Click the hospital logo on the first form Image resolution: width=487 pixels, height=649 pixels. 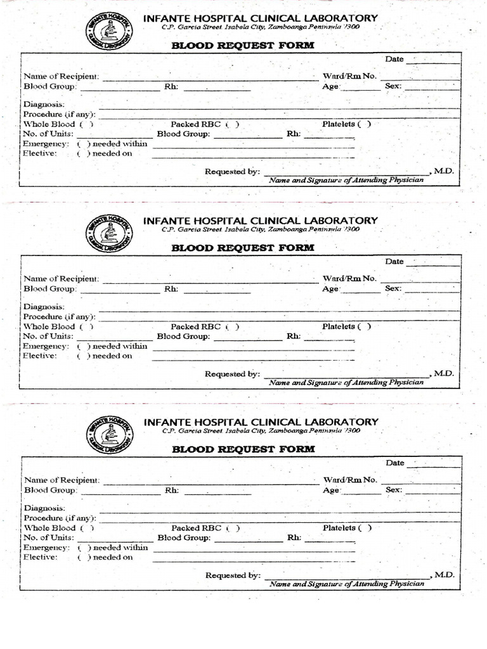pos(110,32)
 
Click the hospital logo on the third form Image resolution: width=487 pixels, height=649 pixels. pos(110,435)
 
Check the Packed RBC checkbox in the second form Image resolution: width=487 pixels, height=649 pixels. pos(232,327)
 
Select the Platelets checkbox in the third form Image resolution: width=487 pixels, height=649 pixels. pos(365,528)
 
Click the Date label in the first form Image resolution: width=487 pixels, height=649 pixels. pos(394,60)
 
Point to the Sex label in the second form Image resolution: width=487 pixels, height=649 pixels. pos(393,288)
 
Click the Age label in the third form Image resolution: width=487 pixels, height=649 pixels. pos(332,490)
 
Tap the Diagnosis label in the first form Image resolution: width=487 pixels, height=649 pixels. pos(44,105)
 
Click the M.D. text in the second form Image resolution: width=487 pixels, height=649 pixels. pos(444,373)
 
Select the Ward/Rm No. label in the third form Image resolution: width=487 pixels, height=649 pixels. pos(350,480)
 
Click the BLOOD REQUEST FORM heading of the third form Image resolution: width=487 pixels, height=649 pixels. pos(243,449)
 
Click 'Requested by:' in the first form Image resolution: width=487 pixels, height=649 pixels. pos(232,172)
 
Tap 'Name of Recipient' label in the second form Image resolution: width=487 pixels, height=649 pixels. pos(61,279)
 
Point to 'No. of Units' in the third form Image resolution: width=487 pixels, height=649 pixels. pos(48,537)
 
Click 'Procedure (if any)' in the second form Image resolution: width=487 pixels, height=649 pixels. pos(59,316)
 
